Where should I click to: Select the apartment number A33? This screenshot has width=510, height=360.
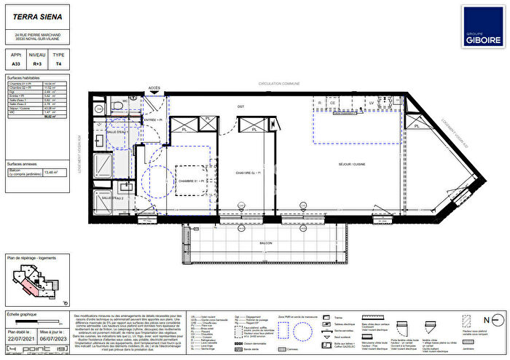[15, 63]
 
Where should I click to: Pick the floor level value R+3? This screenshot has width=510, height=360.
[36, 63]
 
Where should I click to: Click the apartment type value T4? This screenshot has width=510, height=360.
[59, 63]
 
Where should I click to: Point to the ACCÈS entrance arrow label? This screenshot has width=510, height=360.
[154, 88]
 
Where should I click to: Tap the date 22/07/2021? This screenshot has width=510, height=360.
[20, 337]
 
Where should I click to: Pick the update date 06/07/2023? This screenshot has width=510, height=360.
[53, 337]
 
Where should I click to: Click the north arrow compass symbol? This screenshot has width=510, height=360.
[495, 319]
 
